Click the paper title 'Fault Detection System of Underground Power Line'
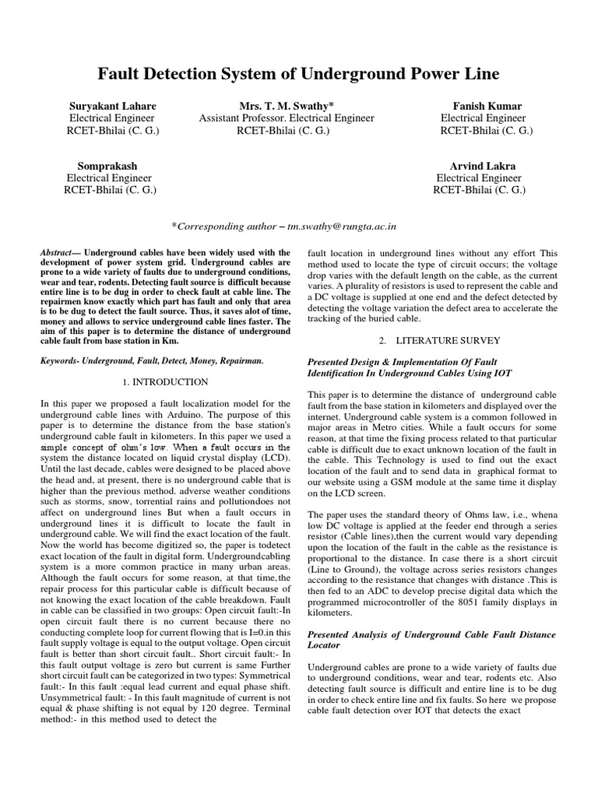click(298, 75)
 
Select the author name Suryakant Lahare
click(112, 106)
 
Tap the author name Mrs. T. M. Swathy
click(286, 106)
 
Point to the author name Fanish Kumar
click(487, 106)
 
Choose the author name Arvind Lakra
click(483, 166)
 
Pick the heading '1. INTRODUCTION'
click(166, 382)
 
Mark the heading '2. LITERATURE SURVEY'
click(439, 340)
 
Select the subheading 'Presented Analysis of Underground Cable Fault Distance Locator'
click(431, 640)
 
